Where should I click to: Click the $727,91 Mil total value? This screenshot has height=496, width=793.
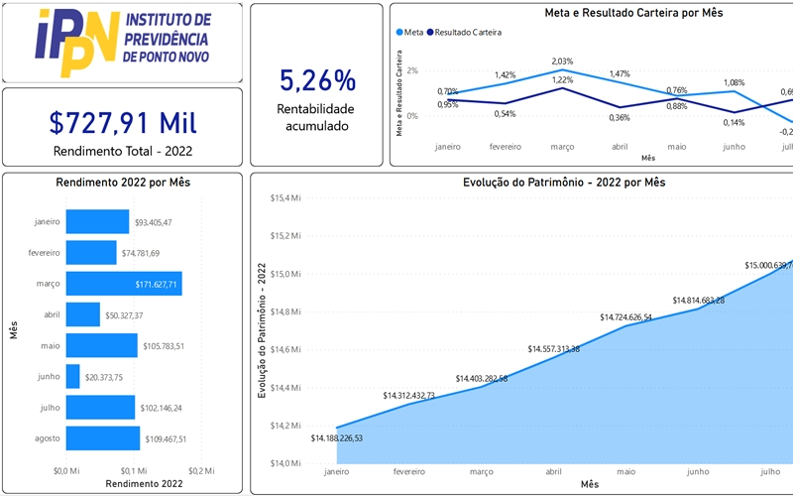(x=123, y=123)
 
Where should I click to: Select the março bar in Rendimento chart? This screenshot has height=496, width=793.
(x=123, y=284)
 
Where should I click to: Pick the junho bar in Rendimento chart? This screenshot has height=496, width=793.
(x=73, y=376)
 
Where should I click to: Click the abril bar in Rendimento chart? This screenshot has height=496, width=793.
(x=83, y=314)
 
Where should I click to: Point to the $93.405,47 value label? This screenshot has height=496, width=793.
(x=154, y=223)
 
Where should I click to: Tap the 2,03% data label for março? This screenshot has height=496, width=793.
(x=562, y=62)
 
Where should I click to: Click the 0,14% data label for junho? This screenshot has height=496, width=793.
(x=706, y=123)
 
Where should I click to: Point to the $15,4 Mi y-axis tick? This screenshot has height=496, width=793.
(x=286, y=198)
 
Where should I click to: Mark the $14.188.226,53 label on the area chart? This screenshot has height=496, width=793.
(x=337, y=438)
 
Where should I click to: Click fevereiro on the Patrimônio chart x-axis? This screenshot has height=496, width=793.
(x=409, y=471)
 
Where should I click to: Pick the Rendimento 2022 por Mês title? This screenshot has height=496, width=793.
(x=123, y=183)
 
